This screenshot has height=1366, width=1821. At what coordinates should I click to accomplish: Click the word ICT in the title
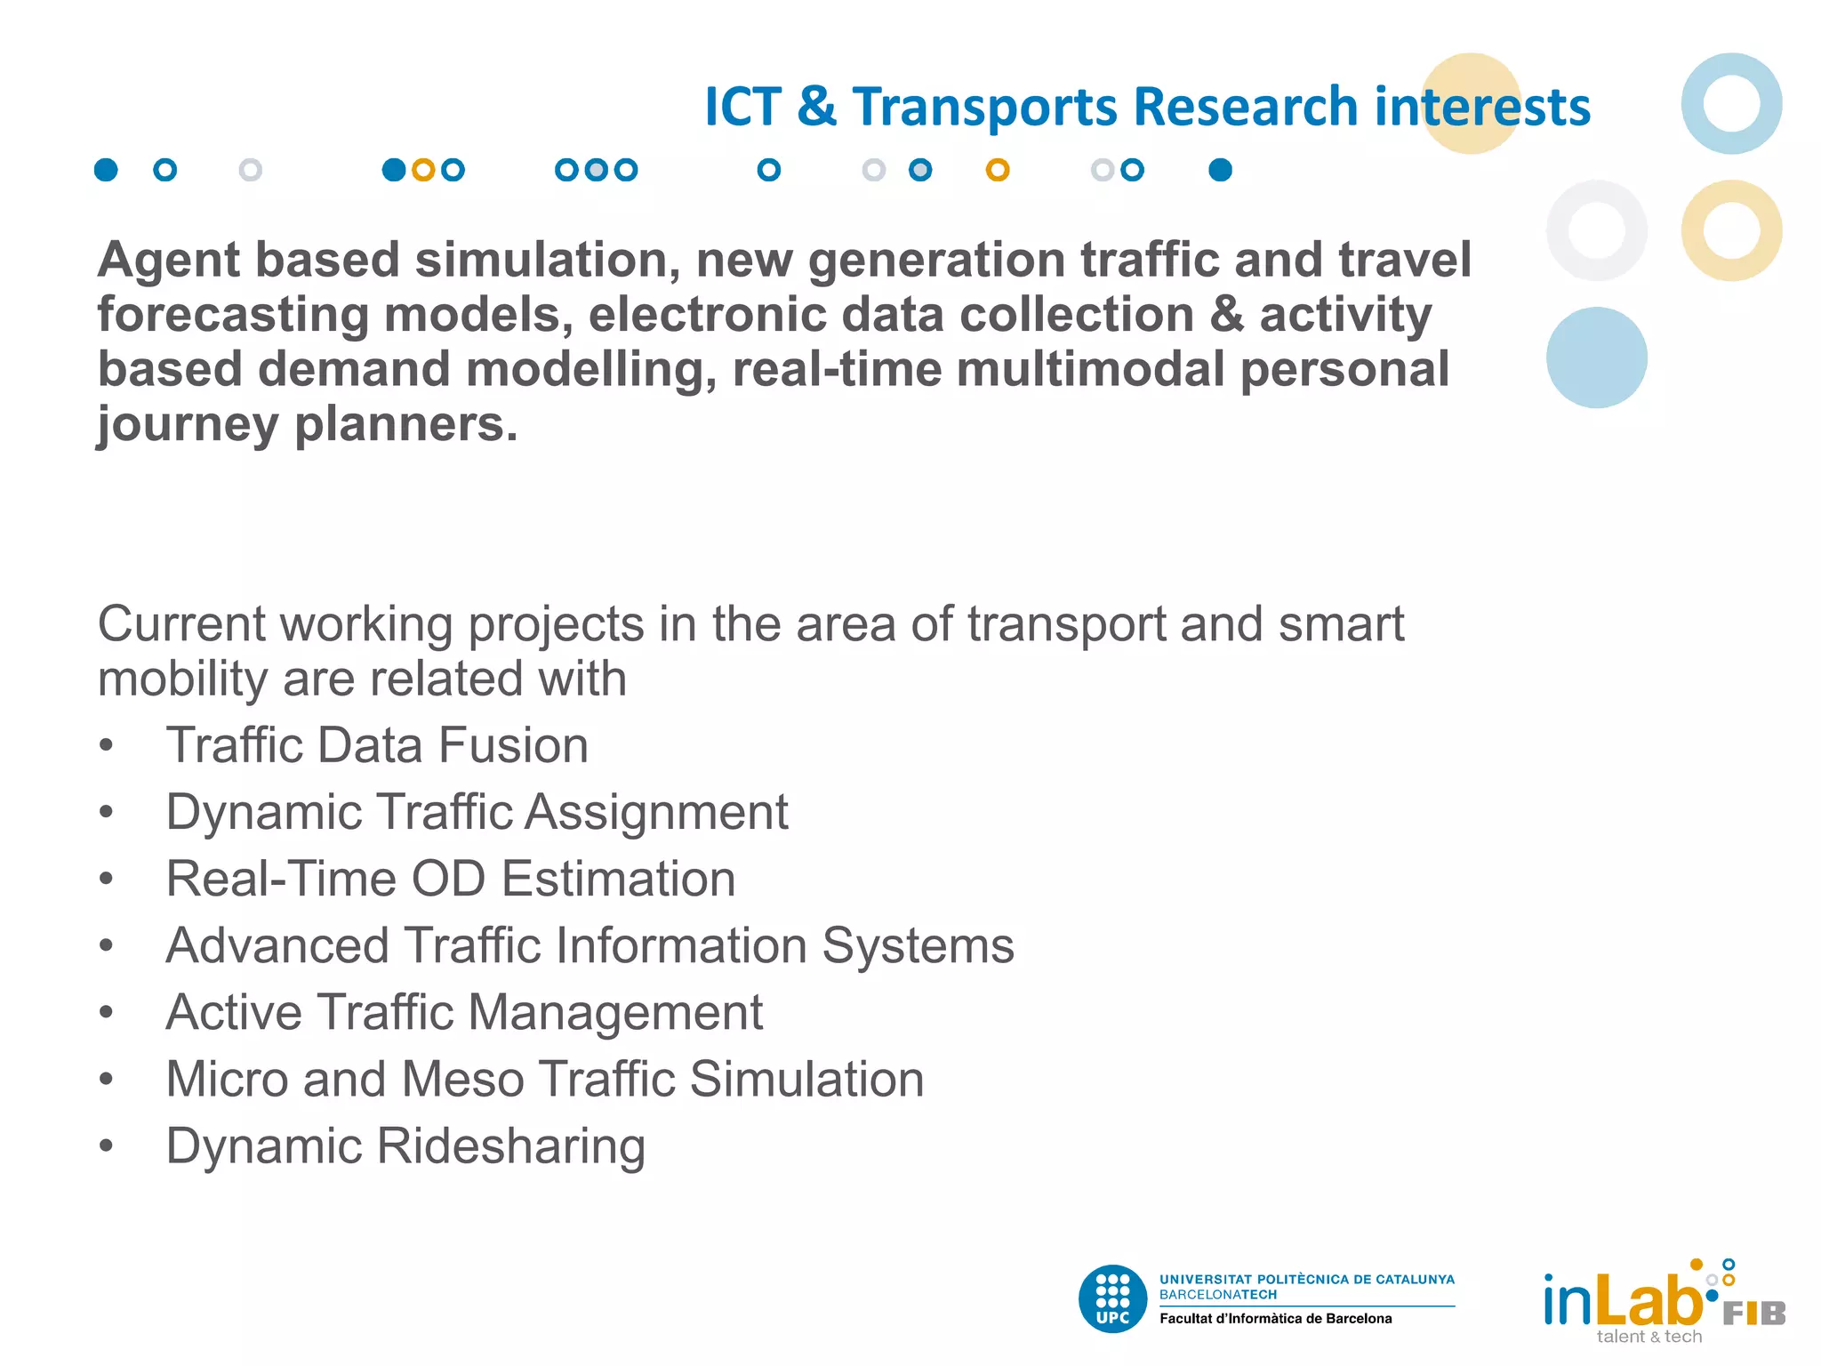(742, 108)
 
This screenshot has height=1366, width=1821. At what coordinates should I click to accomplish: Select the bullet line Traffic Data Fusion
(377, 745)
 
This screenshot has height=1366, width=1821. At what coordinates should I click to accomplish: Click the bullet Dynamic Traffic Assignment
(477, 812)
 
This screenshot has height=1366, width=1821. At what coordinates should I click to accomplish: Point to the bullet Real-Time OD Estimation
(451, 879)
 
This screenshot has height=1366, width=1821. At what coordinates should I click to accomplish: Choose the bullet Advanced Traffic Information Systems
(590, 945)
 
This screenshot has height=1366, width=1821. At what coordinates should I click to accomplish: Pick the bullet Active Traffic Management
(464, 1012)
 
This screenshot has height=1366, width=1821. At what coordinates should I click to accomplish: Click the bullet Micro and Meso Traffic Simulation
(544, 1079)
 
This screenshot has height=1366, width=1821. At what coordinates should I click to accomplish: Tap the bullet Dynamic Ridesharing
(405, 1145)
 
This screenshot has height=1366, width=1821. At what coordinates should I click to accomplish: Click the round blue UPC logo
(1112, 1299)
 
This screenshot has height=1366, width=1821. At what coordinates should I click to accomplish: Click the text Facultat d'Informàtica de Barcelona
(1275, 1319)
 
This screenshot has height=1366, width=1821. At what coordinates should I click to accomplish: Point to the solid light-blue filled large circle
(1596, 358)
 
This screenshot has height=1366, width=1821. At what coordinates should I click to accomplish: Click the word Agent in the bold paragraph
(168, 261)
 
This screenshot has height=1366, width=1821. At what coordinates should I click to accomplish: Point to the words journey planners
(307, 424)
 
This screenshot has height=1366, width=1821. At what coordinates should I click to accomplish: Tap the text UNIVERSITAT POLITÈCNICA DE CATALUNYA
(1306, 1280)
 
